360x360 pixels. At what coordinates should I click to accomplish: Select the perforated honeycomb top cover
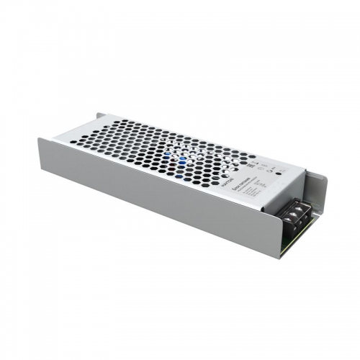click(158, 151)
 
